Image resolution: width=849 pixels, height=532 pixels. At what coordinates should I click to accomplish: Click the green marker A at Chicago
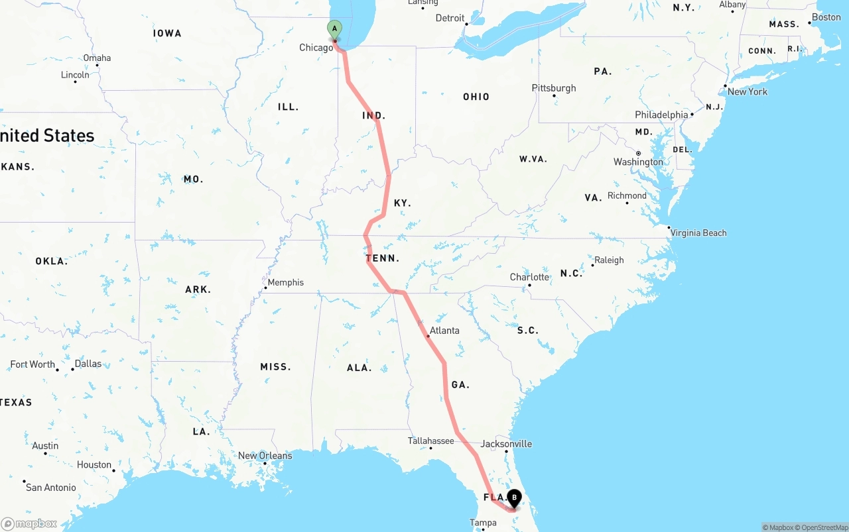point(335,29)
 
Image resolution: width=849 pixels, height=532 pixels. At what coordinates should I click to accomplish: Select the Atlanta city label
point(444,331)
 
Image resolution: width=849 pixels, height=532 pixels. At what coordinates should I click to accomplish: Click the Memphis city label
point(285,282)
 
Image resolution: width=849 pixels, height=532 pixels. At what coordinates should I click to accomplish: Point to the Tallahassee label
point(431,441)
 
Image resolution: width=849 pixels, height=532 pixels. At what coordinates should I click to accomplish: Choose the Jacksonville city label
point(507,444)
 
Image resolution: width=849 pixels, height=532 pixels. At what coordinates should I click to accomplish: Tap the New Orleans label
point(265,456)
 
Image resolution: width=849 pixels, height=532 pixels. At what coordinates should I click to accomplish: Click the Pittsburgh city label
point(554,88)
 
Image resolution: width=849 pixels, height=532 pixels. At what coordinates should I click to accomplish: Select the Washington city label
point(638,162)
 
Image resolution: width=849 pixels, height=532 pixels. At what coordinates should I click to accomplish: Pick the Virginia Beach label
point(698,233)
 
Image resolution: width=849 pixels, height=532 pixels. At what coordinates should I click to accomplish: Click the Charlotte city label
point(529,277)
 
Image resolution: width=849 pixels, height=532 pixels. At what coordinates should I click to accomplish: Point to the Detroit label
point(450,18)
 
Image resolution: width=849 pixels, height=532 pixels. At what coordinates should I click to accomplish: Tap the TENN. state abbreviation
point(383,258)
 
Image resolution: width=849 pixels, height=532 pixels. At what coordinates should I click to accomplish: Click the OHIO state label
point(476,97)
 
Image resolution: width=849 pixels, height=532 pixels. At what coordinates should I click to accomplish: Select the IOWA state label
point(166,33)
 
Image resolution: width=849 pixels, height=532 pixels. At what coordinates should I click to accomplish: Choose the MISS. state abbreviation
point(275,367)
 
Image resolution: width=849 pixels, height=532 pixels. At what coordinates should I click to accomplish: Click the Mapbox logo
point(29,523)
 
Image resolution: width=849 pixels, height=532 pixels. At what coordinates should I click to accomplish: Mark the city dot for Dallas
point(73,369)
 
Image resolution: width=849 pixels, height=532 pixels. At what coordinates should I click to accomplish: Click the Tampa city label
point(483,523)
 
